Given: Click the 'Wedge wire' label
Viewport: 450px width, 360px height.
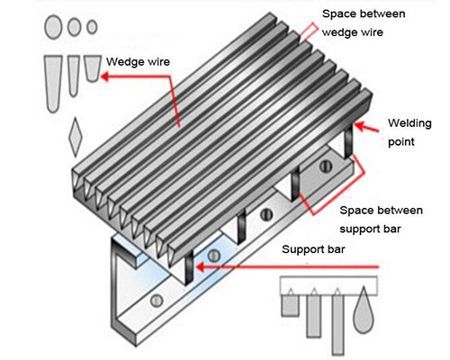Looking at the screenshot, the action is click(x=138, y=62).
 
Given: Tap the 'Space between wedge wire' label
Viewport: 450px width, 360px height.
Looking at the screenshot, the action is click(x=364, y=22).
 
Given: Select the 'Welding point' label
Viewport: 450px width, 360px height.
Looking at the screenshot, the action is click(x=409, y=132).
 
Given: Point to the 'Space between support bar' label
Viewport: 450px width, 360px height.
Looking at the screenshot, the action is click(x=381, y=220).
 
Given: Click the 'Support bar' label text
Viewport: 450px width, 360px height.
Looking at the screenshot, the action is click(x=313, y=249).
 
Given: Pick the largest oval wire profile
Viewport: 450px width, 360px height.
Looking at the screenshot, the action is click(x=53, y=27).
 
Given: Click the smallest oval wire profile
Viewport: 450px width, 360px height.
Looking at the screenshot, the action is click(x=92, y=27).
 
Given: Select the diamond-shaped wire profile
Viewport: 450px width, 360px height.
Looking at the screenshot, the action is click(x=76, y=137).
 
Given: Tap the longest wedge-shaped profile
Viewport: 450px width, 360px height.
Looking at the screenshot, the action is click(x=53, y=84).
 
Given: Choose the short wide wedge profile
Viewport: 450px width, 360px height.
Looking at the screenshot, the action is click(x=93, y=68).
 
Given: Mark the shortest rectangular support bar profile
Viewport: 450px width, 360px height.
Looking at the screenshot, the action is click(x=290, y=305).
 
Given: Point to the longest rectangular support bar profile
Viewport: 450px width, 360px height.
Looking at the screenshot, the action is click(x=337, y=325).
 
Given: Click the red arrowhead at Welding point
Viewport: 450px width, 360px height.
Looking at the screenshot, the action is click(x=361, y=126).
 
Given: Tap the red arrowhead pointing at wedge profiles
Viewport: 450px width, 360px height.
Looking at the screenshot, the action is click(x=105, y=76).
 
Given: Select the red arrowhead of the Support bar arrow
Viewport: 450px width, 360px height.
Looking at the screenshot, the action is click(x=200, y=267).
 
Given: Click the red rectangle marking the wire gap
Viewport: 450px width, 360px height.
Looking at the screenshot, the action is click(x=310, y=31).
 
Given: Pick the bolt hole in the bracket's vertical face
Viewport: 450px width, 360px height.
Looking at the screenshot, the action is click(x=157, y=301).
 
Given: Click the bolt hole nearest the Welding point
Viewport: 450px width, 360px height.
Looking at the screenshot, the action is click(x=326, y=166).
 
